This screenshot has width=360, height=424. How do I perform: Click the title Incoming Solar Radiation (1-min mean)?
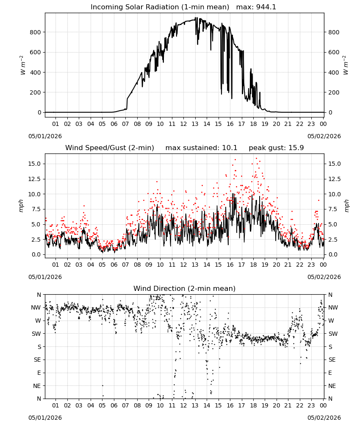click(x=160, y=7)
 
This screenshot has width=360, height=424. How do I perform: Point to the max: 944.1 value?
click(x=256, y=7)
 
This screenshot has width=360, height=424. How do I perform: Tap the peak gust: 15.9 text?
click(x=276, y=148)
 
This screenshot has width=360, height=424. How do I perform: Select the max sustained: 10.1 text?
click(x=201, y=148)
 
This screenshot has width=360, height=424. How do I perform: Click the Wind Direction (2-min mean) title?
click(x=185, y=288)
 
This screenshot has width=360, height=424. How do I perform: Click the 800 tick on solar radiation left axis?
click(x=36, y=32)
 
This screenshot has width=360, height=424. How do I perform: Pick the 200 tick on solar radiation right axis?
click(x=334, y=92)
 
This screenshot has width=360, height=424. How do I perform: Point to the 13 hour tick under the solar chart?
click(x=195, y=124)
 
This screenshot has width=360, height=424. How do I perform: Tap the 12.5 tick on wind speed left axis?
click(x=35, y=179)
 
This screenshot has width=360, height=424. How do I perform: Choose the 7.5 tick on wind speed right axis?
click(x=333, y=209)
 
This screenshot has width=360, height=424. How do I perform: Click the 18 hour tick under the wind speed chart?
click(x=253, y=265)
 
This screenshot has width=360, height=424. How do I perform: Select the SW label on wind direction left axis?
click(x=36, y=334)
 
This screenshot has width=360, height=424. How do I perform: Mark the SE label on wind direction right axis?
click(x=332, y=360)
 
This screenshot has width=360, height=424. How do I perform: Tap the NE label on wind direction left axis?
click(x=37, y=386)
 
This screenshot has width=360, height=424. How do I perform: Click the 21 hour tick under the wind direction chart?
click(x=288, y=405)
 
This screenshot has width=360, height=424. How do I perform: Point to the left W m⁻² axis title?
click(x=23, y=65)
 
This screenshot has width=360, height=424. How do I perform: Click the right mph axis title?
click(x=347, y=206)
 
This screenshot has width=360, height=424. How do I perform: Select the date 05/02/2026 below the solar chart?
click(x=324, y=136)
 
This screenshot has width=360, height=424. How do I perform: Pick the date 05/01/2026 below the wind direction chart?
click(x=45, y=418)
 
